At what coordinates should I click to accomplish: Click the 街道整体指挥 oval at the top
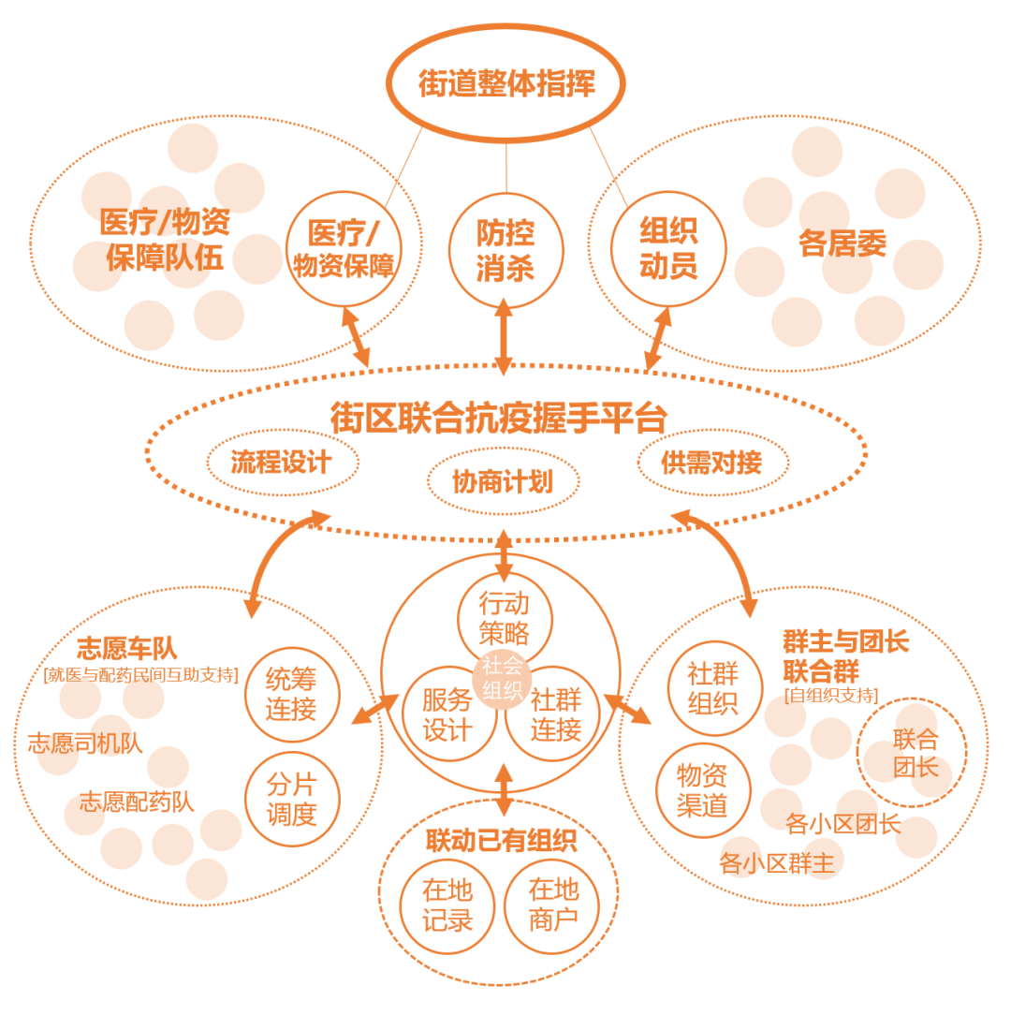[x=505, y=83]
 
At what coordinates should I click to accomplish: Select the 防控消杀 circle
[x=505, y=250]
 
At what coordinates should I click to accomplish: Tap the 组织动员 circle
[x=667, y=248]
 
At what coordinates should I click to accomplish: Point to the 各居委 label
[x=842, y=243]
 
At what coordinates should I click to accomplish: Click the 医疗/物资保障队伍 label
[x=165, y=240]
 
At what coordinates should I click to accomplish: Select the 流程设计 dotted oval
[x=282, y=462]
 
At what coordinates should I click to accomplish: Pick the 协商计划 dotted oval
[x=503, y=481]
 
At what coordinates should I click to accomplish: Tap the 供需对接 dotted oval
[x=712, y=462]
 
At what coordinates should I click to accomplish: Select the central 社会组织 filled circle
[x=504, y=679]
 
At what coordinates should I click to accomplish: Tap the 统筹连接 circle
[x=291, y=694]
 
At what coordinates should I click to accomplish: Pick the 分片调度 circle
[x=292, y=799]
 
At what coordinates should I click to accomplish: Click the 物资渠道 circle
[x=703, y=790]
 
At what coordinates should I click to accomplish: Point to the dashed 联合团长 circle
[x=913, y=753]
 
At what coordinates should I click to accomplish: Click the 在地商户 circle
[x=552, y=905]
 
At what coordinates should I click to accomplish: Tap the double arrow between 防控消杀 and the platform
[x=504, y=337]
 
